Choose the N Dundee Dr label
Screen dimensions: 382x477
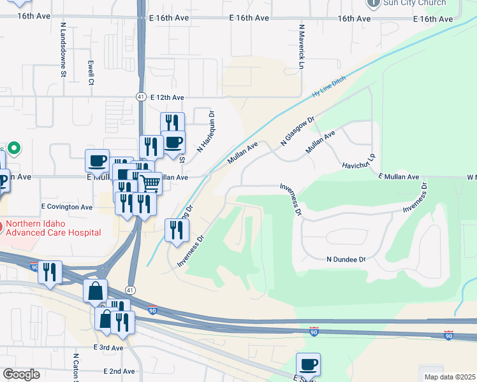coord(346,260)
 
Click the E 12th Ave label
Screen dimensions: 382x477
coord(167,97)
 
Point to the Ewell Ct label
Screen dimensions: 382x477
coord(91,73)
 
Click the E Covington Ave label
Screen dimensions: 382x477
coord(67,207)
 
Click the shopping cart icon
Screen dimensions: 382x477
coord(150,183)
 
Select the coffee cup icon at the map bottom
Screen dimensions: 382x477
coord(309,364)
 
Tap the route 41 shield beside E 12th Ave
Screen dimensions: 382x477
coord(141,97)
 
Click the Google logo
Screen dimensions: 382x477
coord(21,374)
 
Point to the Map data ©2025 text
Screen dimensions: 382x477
coord(450,377)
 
